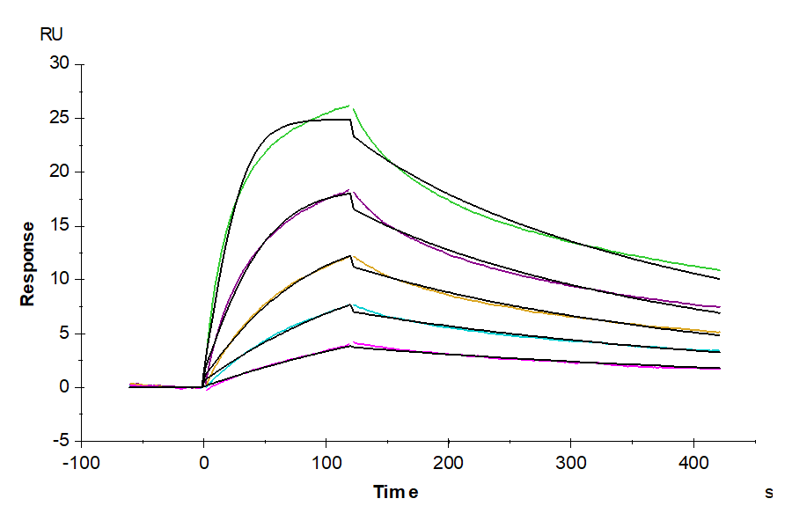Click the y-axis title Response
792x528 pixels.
(x=28, y=263)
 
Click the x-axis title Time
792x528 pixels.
(x=395, y=492)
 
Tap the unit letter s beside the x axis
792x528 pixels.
(x=768, y=493)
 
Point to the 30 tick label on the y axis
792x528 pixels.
(x=60, y=63)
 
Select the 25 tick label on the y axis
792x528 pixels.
(x=60, y=118)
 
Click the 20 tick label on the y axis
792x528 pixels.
(x=60, y=172)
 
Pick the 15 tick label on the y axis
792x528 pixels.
(x=60, y=226)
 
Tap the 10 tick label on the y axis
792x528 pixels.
(x=60, y=280)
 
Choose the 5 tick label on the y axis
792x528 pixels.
(x=63, y=334)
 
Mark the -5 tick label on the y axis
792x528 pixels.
(x=61, y=441)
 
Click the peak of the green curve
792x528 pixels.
(x=350, y=106)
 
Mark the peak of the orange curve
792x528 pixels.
(x=350, y=256)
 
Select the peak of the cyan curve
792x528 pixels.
(x=351, y=304)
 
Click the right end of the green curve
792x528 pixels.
(x=720, y=270)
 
